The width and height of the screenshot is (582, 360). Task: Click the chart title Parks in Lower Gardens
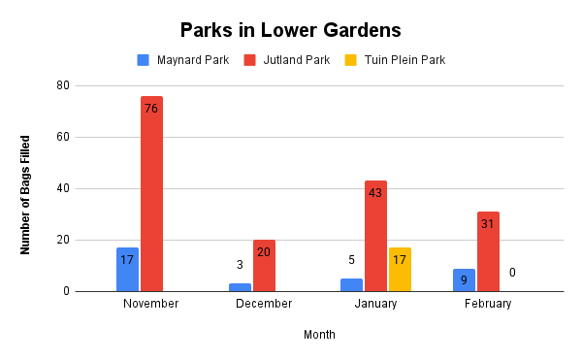pyautogui.click(x=291, y=29)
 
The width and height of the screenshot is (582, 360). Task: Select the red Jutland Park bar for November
pyautogui.click(x=151, y=194)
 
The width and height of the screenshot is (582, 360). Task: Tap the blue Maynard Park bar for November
pyautogui.click(x=127, y=269)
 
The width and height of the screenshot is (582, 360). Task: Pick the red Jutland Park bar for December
pyautogui.click(x=264, y=265)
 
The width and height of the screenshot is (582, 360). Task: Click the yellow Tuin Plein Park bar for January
pyautogui.click(x=400, y=269)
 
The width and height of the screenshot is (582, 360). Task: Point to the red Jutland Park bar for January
pyautogui.click(x=375, y=236)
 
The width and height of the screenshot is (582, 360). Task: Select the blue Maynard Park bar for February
pyautogui.click(x=464, y=279)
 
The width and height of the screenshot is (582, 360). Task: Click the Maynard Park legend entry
pyautogui.click(x=182, y=60)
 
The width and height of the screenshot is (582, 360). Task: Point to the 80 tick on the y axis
pyautogui.click(x=63, y=85)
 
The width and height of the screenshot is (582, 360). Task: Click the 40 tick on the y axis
pyautogui.click(x=63, y=188)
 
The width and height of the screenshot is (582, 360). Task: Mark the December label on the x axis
pyautogui.click(x=264, y=304)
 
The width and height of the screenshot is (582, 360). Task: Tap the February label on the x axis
pyautogui.click(x=488, y=304)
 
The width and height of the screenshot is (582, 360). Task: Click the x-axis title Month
pyautogui.click(x=319, y=335)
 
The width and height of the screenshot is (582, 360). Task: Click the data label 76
pyautogui.click(x=151, y=109)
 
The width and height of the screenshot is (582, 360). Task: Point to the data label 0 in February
pyautogui.click(x=512, y=273)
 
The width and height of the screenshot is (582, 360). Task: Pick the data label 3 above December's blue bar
pyautogui.click(x=240, y=265)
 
